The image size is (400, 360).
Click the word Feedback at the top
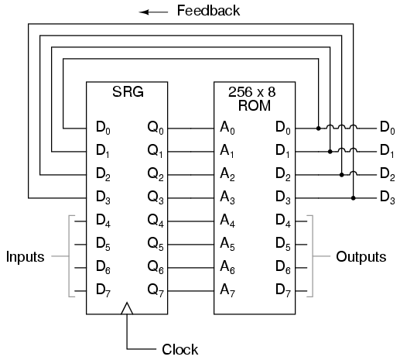[208, 11]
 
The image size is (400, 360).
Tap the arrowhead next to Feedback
[144, 12]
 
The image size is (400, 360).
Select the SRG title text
[128, 91]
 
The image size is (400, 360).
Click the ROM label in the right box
[255, 105]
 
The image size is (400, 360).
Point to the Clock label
[180, 349]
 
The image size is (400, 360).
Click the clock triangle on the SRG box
[127, 308]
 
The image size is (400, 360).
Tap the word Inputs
[26, 257]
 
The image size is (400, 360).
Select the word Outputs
[361, 257]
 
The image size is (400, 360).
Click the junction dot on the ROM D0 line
[319, 129]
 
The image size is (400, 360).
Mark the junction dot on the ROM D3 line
[354, 198]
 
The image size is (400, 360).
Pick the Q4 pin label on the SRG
[156, 221]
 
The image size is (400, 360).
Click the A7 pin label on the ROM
[227, 290]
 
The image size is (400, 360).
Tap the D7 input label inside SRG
[103, 290]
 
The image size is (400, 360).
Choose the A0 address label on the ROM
[227, 128]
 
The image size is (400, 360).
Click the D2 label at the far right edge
[388, 174]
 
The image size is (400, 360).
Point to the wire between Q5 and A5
[191, 245]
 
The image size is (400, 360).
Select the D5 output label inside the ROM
[283, 244]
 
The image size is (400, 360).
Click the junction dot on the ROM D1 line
[330, 152]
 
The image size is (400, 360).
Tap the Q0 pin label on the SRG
[156, 128]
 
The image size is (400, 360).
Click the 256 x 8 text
[252, 92]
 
